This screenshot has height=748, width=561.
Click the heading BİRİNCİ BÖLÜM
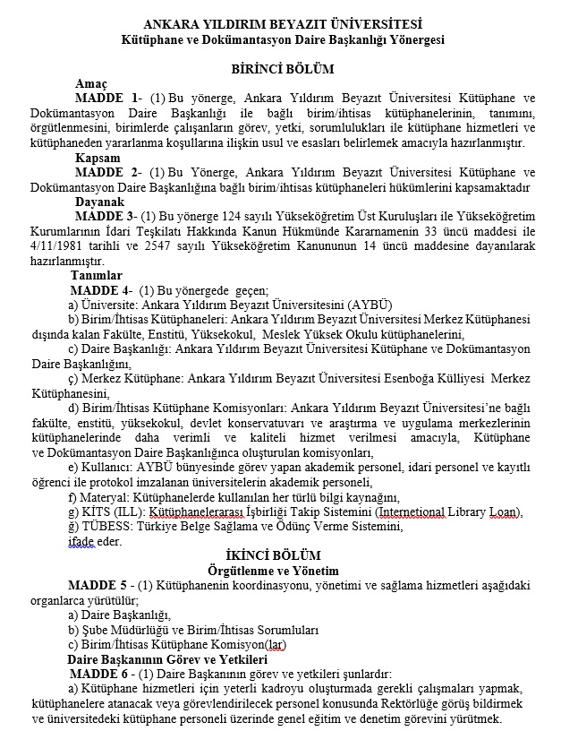282,69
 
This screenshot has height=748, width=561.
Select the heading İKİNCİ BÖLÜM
283,556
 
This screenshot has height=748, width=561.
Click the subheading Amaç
92,83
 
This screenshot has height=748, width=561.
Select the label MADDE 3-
106,217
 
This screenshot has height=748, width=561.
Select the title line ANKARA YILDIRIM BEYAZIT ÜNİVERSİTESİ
283,24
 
